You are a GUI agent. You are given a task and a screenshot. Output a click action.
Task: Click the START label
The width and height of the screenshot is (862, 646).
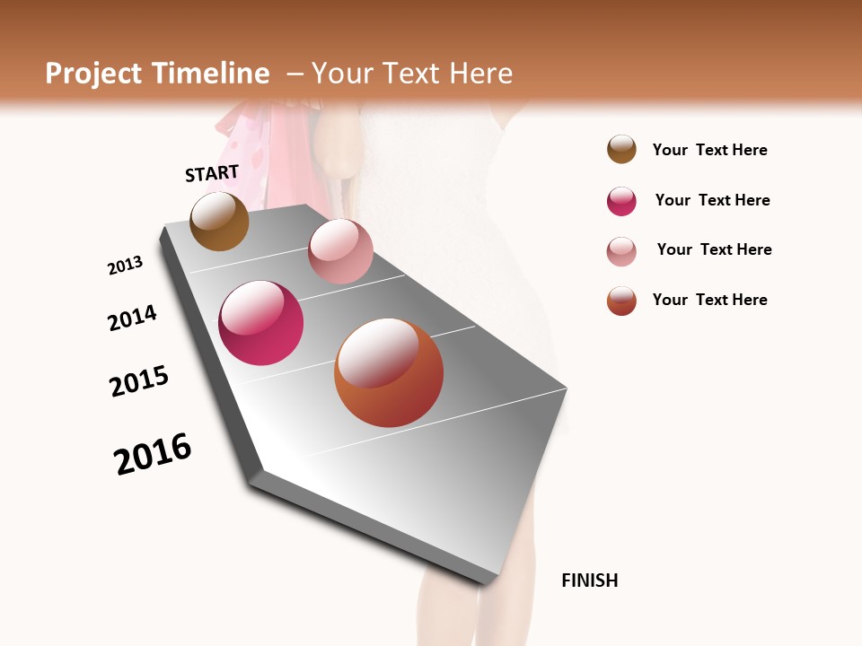[x=212, y=173]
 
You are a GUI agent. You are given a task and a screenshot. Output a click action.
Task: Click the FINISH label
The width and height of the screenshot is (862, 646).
[x=589, y=581]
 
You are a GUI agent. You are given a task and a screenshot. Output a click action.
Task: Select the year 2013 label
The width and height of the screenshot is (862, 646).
[x=125, y=266]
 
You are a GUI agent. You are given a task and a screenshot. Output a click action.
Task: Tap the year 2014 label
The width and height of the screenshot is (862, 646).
[x=132, y=318]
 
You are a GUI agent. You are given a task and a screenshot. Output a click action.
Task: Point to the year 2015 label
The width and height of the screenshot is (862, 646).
[x=139, y=381]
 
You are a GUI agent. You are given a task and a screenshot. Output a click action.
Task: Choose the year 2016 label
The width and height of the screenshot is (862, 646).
[x=153, y=454]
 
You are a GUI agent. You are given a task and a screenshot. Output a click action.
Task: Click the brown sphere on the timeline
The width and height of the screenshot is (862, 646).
[x=219, y=222]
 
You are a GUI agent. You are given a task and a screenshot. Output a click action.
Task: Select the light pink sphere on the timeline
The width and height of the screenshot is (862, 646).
[x=340, y=251]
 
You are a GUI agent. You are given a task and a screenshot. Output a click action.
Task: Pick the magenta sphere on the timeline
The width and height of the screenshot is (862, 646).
[x=261, y=323]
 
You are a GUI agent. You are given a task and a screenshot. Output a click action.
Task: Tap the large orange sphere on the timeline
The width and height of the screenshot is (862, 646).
[x=389, y=372]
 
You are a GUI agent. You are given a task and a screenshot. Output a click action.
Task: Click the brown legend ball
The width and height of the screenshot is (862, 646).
[x=621, y=150]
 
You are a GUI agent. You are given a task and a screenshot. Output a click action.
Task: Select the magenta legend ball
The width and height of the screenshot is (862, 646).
[x=621, y=201]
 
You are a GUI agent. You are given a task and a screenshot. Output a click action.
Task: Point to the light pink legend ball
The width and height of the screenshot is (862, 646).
[x=621, y=251]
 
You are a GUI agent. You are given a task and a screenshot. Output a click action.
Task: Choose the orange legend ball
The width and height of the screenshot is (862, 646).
[x=621, y=301]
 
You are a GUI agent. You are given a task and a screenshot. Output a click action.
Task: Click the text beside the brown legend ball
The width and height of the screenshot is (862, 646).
[x=709, y=150]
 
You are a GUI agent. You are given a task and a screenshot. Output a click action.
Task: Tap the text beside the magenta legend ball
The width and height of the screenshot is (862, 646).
[x=712, y=200]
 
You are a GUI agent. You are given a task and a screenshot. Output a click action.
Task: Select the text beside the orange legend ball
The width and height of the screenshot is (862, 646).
[x=709, y=300]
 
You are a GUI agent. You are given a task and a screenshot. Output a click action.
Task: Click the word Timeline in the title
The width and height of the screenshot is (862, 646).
[x=210, y=74]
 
